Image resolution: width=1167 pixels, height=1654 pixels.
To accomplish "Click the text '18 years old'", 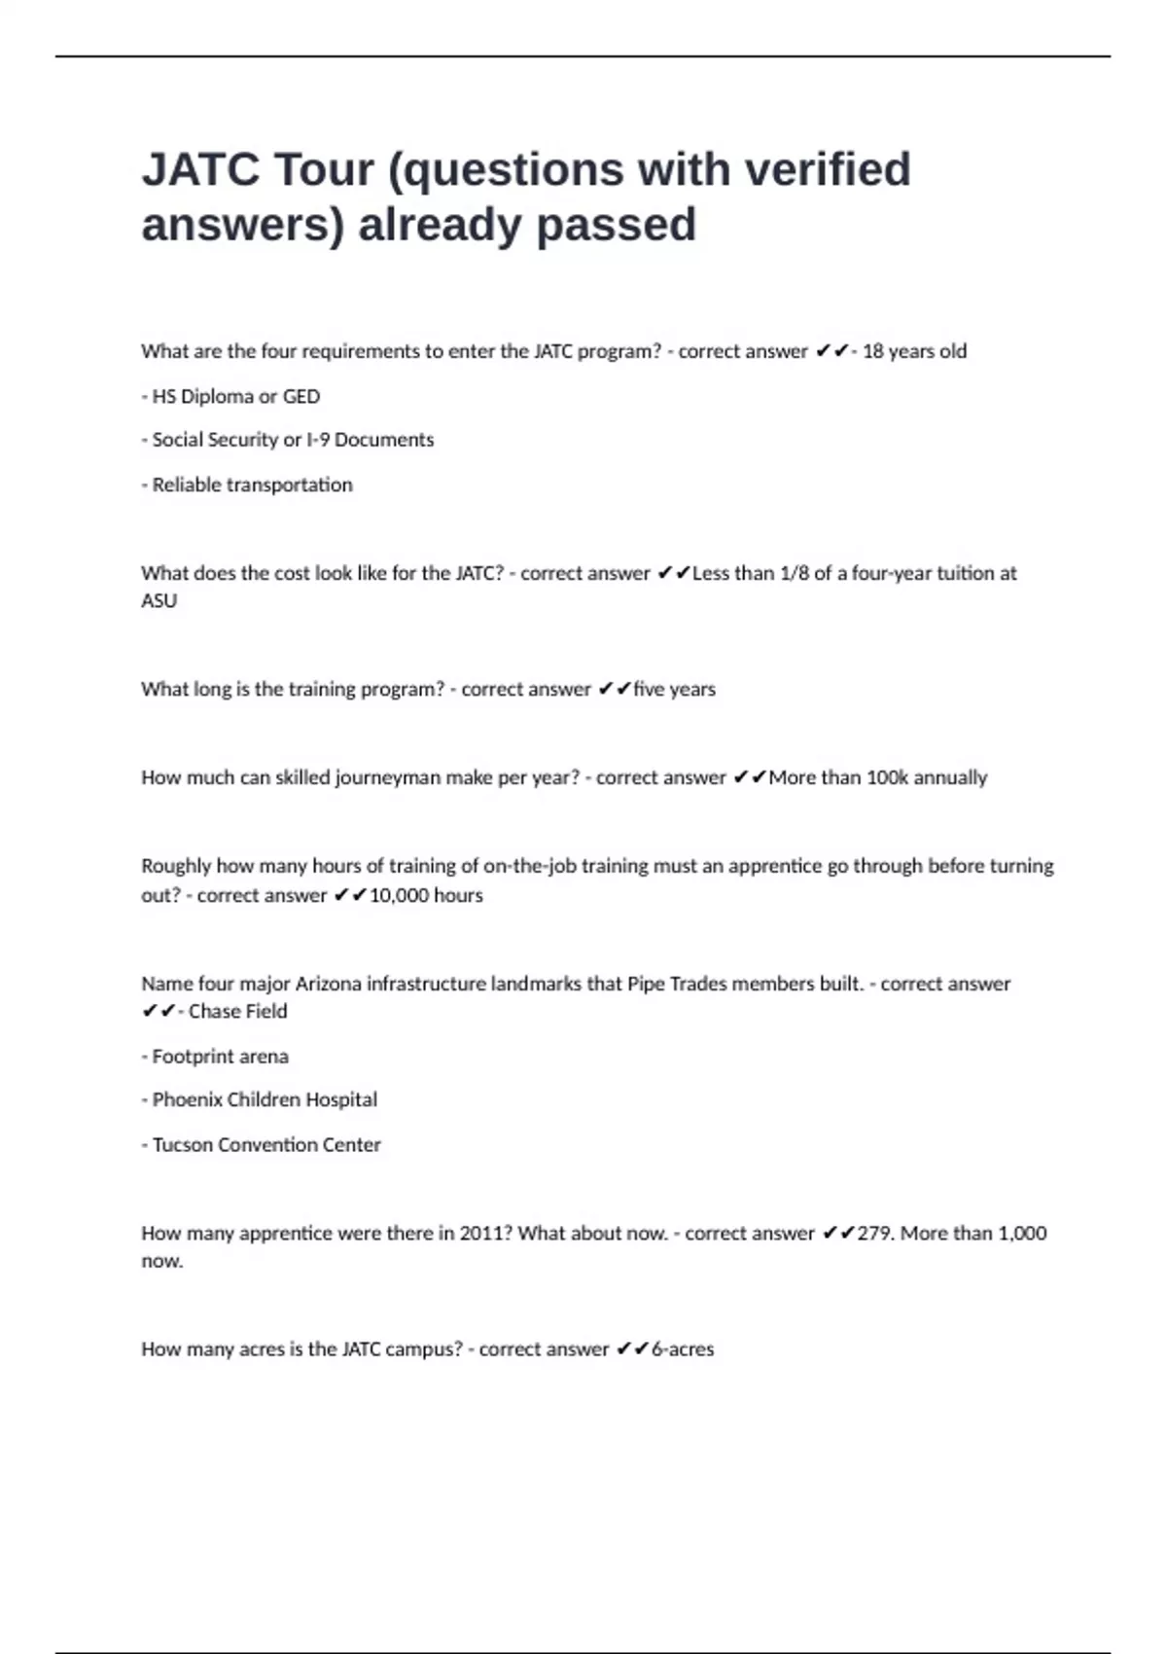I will tap(914, 351).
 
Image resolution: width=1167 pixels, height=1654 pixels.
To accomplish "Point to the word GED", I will tap(301, 397).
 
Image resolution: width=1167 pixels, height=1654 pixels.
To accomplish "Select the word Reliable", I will tap(187, 485).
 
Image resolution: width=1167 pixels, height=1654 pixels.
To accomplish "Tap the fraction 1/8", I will tap(795, 573).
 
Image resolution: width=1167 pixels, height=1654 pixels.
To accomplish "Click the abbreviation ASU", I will tap(159, 601).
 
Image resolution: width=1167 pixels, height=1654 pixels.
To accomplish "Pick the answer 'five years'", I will tap(674, 689).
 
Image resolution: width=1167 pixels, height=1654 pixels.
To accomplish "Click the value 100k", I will tap(887, 777).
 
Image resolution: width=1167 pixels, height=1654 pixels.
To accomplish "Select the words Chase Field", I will tap(238, 1012).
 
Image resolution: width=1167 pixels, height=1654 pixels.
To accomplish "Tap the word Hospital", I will tap(341, 1099).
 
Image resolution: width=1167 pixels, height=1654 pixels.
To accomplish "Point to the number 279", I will tap(875, 1234).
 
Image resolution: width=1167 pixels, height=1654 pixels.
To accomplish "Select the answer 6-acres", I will tap(683, 1349).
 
